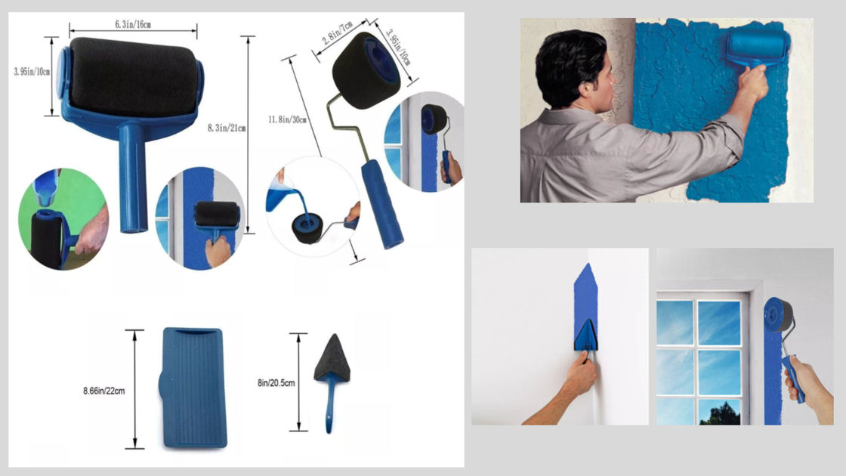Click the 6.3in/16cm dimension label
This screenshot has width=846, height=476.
tap(133, 24)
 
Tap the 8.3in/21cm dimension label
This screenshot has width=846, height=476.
tap(227, 128)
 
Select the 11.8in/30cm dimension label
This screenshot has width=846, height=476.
tap(287, 119)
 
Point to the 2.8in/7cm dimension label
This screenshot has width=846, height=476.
tap(337, 33)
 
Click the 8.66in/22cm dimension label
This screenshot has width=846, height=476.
tap(103, 391)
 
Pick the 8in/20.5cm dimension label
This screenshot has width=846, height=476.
tap(276, 383)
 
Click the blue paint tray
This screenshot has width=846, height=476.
tap(192, 388)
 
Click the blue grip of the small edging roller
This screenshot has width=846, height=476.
tap(381, 204)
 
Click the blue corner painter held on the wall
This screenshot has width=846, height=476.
tap(585, 335)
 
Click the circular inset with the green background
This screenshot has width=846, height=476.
tap(63, 218)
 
